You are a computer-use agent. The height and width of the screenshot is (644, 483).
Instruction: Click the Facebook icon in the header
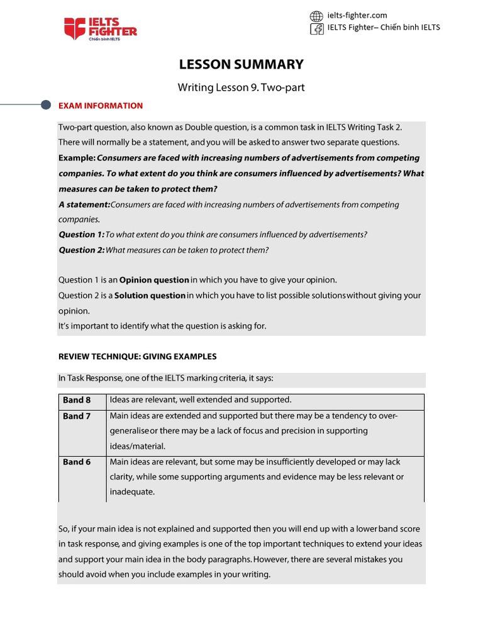tap(317, 28)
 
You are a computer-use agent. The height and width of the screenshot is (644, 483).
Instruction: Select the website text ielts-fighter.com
tap(357, 15)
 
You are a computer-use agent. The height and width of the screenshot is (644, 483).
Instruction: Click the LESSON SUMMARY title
tap(241, 64)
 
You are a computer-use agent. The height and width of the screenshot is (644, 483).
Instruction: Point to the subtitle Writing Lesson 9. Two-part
tap(241, 87)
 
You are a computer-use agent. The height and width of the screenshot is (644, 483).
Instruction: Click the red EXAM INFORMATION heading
tap(101, 106)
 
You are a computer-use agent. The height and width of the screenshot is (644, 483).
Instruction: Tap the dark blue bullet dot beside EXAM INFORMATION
tap(45, 105)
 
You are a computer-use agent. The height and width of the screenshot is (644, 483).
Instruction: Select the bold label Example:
tap(77, 158)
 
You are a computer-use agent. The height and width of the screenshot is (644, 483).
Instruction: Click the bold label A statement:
tap(84, 204)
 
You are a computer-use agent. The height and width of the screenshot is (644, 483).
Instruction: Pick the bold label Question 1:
tap(81, 235)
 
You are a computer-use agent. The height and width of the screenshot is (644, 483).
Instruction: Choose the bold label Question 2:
tap(81, 250)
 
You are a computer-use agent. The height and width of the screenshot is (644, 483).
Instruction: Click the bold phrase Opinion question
tap(154, 280)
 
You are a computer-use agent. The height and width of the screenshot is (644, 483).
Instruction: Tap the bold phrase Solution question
tap(150, 296)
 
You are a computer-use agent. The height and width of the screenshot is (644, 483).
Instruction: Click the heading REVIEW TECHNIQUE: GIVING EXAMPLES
tap(137, 357)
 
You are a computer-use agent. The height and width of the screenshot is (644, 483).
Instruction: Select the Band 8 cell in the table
tap(77, 400)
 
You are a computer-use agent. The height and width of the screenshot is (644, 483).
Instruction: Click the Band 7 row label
tap(77, 416)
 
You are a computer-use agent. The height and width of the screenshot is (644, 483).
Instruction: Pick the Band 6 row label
tap(77, 462)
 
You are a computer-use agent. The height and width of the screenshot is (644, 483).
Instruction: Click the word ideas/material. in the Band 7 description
tap(137, 446)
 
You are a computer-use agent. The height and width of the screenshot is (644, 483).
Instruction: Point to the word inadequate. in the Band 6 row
tap(131, 492)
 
